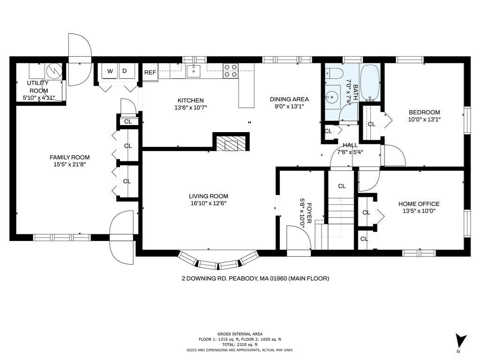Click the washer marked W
(x=110, y=71)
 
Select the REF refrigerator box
(x=150, y=72)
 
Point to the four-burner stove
(x=231, y=70)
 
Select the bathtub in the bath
(x=370, y=82)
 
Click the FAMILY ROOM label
(x=70, y=157)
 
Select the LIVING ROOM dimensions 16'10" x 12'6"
(x=208, y=203)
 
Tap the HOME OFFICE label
(x=419, y=204)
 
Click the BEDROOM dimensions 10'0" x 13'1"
(x=424, y=120)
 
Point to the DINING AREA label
(x=289, y=99)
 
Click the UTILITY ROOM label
(x=38, y=87)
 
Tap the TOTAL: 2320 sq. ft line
(x=240, y=345)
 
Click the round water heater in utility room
(x=54, y=71)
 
